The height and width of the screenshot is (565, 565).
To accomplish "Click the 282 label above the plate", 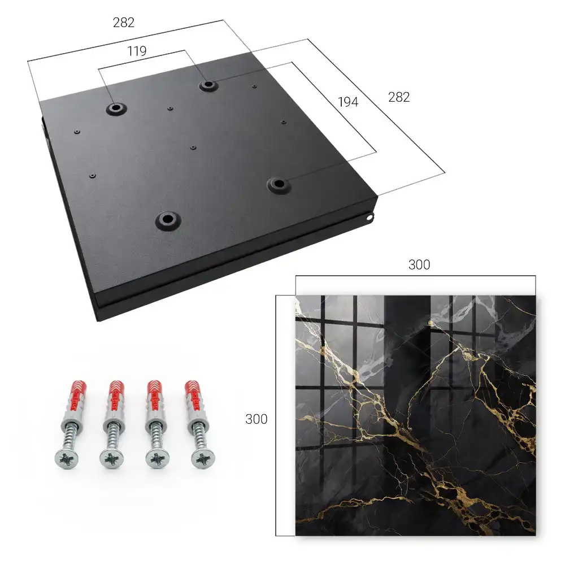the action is click(124, 23).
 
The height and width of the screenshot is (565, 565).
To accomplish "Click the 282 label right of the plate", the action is click(399, 97).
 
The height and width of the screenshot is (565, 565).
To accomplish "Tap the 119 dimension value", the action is click(137, 51).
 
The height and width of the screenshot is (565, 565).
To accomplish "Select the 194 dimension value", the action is click(348, 102).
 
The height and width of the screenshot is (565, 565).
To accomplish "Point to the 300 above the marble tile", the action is click(419, 265).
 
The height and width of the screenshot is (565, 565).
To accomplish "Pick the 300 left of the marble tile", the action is click(256, 419).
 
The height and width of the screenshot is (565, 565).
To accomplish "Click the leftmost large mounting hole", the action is click(116, 108).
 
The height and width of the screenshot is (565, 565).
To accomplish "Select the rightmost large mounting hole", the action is click(278, 185).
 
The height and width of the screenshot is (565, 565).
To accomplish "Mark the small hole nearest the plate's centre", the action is click(193, 147).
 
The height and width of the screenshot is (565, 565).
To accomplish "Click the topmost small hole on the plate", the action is click(254, 86).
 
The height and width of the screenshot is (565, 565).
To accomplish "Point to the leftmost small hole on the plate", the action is click(77, 132).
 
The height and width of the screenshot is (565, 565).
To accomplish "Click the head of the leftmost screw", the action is click(67, 459).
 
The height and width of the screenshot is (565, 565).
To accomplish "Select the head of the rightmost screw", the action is click(203, 459).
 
